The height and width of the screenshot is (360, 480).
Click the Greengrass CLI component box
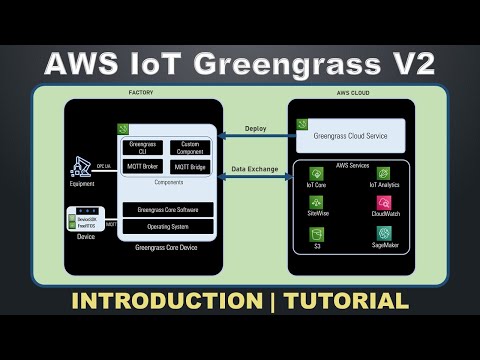[x=141, y=148]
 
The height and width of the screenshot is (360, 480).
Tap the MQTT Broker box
[x=141, y=167]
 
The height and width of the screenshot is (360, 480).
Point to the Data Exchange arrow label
[x=254, y=170]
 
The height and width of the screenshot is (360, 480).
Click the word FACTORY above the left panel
[x=140, y=92]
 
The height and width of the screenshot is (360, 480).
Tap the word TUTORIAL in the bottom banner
[x=349, y=300]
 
